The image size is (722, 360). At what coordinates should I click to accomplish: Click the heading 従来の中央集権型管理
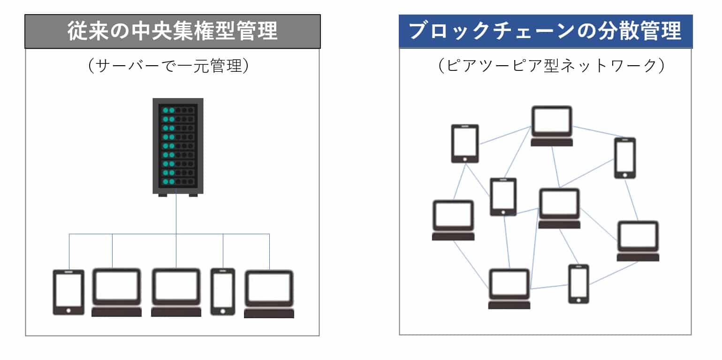172,31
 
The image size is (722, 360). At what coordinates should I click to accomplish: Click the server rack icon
178,146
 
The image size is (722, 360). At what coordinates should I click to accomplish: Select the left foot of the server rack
163,195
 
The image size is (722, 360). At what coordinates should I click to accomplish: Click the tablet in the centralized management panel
68,292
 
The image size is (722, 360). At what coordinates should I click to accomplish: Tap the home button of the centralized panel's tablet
68,310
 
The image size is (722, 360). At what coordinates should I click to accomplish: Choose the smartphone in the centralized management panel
222,291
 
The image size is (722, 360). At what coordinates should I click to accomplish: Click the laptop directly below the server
176,292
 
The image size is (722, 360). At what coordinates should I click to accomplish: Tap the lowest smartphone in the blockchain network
578,283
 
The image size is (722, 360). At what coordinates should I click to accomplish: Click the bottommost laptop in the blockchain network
509,288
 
